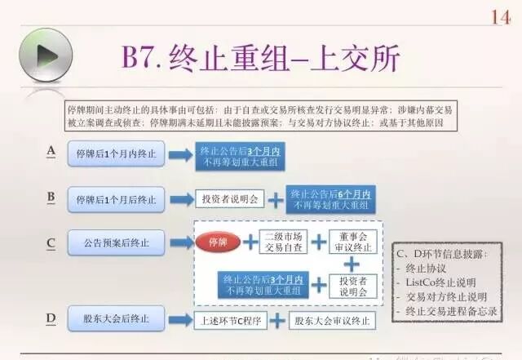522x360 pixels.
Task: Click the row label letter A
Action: pyautogui.click(x=51, y=150)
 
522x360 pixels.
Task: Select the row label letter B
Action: pyautogui.click(x=51, y=196)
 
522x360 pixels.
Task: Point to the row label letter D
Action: pyautogui.click(x=51, y=318)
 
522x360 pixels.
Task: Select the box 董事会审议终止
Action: pyautogui.click(x=352, y=242)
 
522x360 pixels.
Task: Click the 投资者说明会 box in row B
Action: pyautogui.click(x=228, y=198)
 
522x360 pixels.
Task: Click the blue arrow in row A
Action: pyautogui.click(x=179, y=153)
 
